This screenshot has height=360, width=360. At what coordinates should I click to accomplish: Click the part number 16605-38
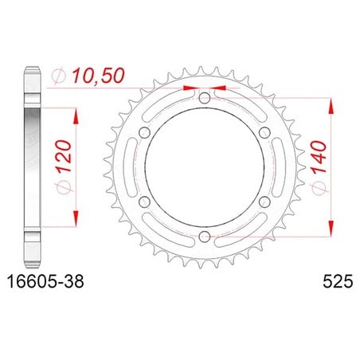pyautogui.click(x=45, y=281)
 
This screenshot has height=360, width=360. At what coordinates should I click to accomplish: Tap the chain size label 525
pyautogui.click(x=338, y=281)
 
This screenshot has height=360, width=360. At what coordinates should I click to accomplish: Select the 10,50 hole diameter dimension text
pyautogui.click(x=98, y=76)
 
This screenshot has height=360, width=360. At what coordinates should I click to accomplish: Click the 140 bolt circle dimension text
pyautogui.click(x=319, y=158)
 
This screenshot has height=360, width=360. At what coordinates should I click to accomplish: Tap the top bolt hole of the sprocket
pyautogui.click(x=205, y=98)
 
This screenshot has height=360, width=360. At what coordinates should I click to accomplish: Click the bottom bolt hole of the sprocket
pyautogui.click(x=205, y=236)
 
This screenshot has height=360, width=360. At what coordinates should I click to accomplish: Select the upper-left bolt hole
pyautogui.click(x=145, y=132)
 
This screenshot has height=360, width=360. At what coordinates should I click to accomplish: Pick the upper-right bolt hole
pyautogui.click(x=264, y=132)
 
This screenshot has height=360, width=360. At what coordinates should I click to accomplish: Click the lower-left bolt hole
pyautogui.click(x=145, y=202)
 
